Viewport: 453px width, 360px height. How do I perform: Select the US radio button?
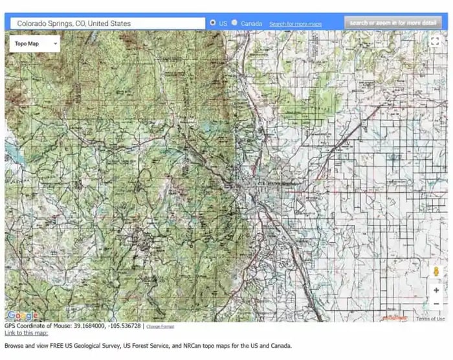click(213, 23)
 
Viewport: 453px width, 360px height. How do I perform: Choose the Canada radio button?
click(234, 23)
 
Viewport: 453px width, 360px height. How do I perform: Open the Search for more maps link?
click(295, 24)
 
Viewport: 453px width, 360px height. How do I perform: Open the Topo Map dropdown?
click(35, 44)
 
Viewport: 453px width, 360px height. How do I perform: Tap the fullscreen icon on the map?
click(436, 41)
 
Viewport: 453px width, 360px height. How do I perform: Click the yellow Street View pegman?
click(436, 272)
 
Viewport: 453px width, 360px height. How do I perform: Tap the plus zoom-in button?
click(436, 291)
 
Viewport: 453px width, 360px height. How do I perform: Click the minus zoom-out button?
click(436, 304)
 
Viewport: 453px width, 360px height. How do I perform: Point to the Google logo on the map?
click(22, 316)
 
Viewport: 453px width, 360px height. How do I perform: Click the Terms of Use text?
click(430, 319)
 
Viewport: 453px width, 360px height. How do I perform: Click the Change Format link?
click(160, 326)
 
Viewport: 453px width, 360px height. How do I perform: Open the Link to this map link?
click(26, 333)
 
